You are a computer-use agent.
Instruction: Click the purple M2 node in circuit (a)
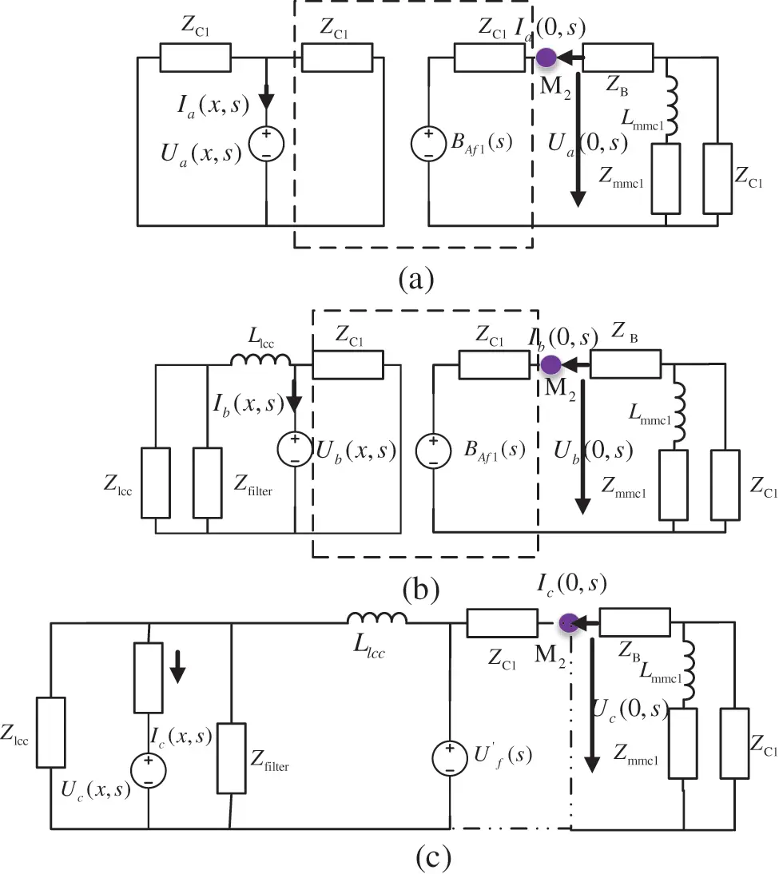[x=546, y=58]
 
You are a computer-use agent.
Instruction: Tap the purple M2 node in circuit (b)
[x=550, y=365]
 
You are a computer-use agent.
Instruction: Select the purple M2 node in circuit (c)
[x=568, y=622]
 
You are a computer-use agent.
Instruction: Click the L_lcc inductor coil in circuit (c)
[x=377, y=618]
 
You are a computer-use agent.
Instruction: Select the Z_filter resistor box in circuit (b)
[x=208, y=483]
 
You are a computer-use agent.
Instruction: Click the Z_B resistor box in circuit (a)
[x=618, y=58]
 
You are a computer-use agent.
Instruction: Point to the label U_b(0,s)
[x=593, y=451]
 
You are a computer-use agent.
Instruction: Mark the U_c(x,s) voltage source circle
[x=149, y=769]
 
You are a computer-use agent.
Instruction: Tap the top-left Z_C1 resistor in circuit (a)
[x=195, y=58]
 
